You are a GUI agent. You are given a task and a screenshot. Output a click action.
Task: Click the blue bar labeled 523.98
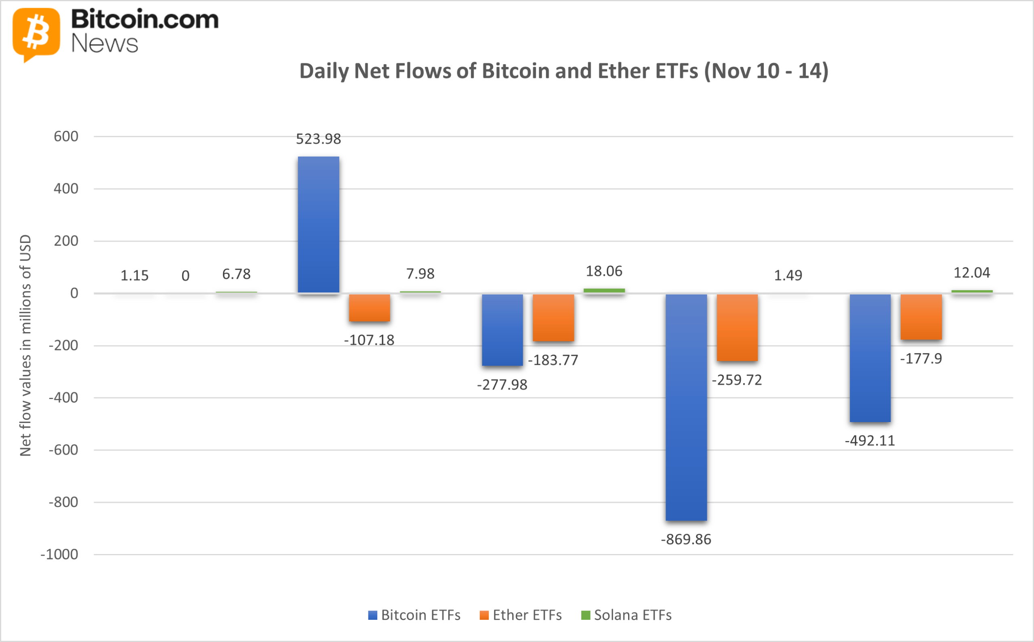pyautogui.click(x=318, y=225)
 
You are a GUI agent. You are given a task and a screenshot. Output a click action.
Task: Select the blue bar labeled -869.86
pyautogui.click(x=686, y=407)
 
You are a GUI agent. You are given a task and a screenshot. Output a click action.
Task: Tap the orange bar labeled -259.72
pyautogui.click(x=737, y=327)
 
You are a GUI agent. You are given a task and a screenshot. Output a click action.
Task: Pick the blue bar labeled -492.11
pyautogui.click(x=870, y=358)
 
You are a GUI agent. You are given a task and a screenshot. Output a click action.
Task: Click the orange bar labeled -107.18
pyautogui.click(x=369, y=307)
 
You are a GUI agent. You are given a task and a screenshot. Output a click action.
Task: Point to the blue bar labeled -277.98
pyautogui.click(x=502, y=330)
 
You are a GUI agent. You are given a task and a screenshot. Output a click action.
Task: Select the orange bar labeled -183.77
pyautogui.click(x=553, y=318)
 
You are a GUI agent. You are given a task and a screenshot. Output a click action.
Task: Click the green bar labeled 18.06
pyautogui.click(x=604, y=291)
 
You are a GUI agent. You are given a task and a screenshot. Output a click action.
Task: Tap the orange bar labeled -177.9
pyautogui.click(x=921, y=317)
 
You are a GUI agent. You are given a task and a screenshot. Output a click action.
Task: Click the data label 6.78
pyautogui.click(x=236, y=274)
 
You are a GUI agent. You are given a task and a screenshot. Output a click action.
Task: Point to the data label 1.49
pyautogui.click(x=788, y=276)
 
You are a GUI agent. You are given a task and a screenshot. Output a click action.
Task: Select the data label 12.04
pyautogui.click(x=971, y=273)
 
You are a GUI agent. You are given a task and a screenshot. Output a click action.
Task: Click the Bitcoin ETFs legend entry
pyautogui.click(x=414, y=615)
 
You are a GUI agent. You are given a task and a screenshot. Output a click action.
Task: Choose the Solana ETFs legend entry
pyautogui.click(x=626, y=615)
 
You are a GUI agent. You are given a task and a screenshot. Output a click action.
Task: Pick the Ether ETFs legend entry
pyautogui.click(x=521, y=615)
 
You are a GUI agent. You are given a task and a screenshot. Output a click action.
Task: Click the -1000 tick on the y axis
pyautogui.click(x=59, y=554)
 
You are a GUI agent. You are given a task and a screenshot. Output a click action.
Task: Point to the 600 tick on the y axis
pyautogui.click(x=66, y=137)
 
